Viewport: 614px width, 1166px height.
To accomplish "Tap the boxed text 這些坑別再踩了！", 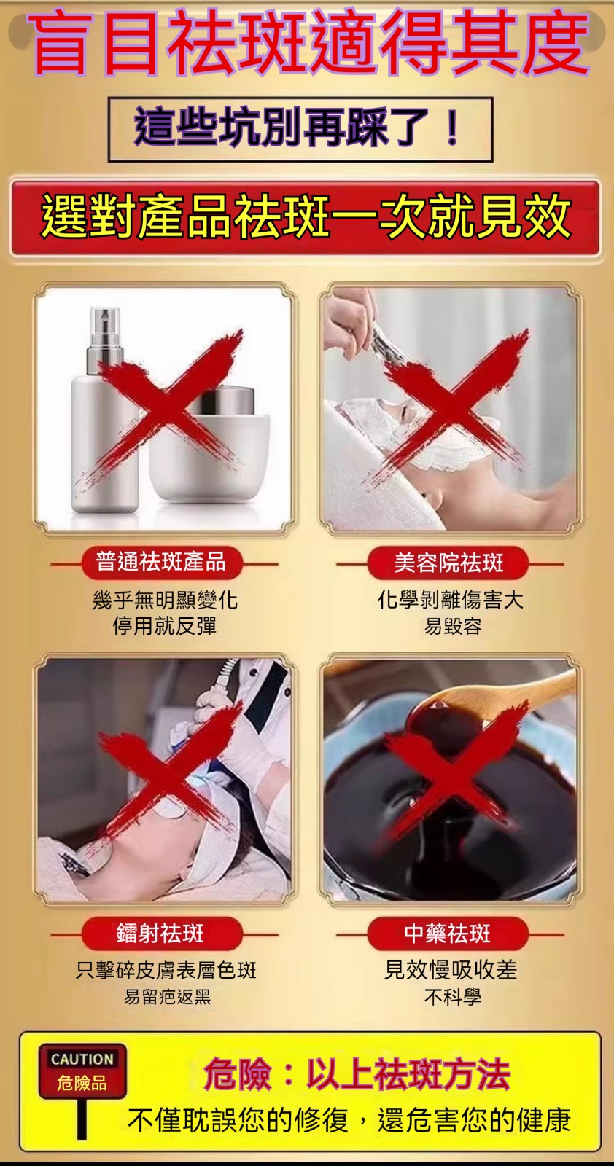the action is (299, 128).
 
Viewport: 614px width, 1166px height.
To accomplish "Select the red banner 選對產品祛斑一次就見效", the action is (306, 216).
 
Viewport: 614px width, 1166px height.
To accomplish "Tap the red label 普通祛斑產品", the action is (161, 562).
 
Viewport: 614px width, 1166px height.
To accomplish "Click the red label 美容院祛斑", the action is (448, 562).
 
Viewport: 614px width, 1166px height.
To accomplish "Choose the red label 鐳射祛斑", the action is (161, 934).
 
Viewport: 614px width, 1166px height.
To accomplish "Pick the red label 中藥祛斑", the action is (448, 934).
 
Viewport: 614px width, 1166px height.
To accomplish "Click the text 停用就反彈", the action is (165, 626).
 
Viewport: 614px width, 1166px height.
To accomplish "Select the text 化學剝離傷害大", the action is (451, 600).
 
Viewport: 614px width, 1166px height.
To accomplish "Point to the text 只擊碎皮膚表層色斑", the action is (166, 970).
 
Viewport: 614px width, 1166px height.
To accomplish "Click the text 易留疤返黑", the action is (167, 996).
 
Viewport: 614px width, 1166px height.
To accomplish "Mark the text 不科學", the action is (453, 996).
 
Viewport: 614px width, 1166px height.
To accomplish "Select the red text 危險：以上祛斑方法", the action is (356, 1074).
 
